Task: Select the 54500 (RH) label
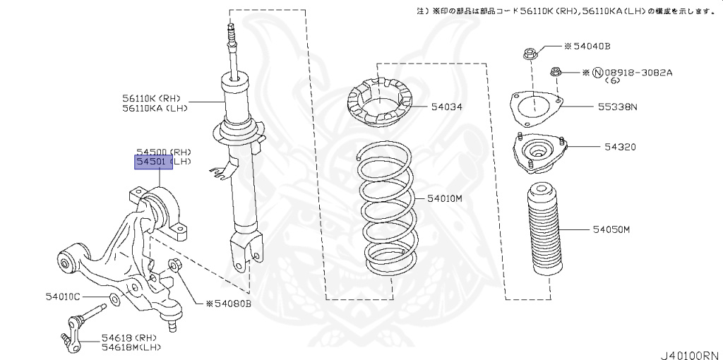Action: (x=164, y=152)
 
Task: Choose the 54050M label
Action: (x=611, y=230)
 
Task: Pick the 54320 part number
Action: (x=620, y=147)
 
